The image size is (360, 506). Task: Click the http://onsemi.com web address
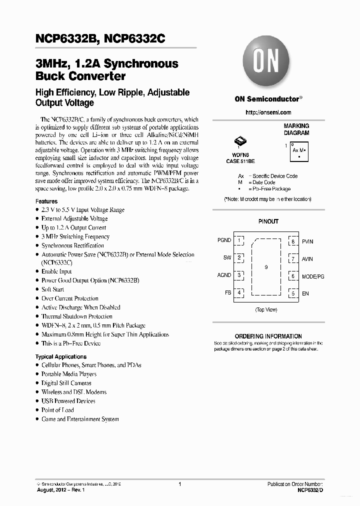coord(268,112)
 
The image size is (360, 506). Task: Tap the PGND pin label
coord(224,240)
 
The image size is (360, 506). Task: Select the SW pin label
coord(227,258)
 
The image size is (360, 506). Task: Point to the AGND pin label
coord(224,275)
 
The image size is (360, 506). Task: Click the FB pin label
coord(227,292)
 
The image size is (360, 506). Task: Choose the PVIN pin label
coord(307,241)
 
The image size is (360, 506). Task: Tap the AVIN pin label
coord(307,259)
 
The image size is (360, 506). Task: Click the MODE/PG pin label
coord(313,276)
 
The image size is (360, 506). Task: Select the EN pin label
coord(305,293)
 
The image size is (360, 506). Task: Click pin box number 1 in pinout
coord(240,240)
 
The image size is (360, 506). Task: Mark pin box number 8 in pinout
coord(293,241)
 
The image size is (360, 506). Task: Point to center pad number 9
coord(266,267)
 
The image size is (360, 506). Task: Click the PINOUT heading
coord(268,221)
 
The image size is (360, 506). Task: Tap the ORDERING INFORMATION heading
coord(268,336)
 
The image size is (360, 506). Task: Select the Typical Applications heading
coord(61,356)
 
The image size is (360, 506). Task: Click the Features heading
coord(46,201)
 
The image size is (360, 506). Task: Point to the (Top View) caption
coord(266,310)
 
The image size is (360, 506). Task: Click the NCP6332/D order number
coord(311,491)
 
